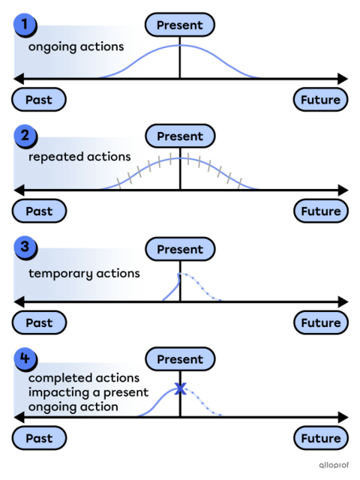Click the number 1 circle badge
tap(25, 25)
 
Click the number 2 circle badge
tap(25, 136)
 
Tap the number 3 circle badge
tap(25, 247)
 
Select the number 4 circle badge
tap(25, 358)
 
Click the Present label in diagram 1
tap(180, 25)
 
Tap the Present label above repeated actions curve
tap(180, 136)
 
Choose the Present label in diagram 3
tap(180, 249)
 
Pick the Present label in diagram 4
tap(180, 359)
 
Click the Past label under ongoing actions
tap(39, 100)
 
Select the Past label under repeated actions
tap(39, 211)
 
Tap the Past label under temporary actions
tap(39, 322)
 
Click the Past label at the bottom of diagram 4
tap(39, 438)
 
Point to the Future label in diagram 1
tap(320, 100)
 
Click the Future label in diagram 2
tap(320, 211)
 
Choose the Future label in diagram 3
tap(320, 322)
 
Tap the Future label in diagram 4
tap(320, 438)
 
